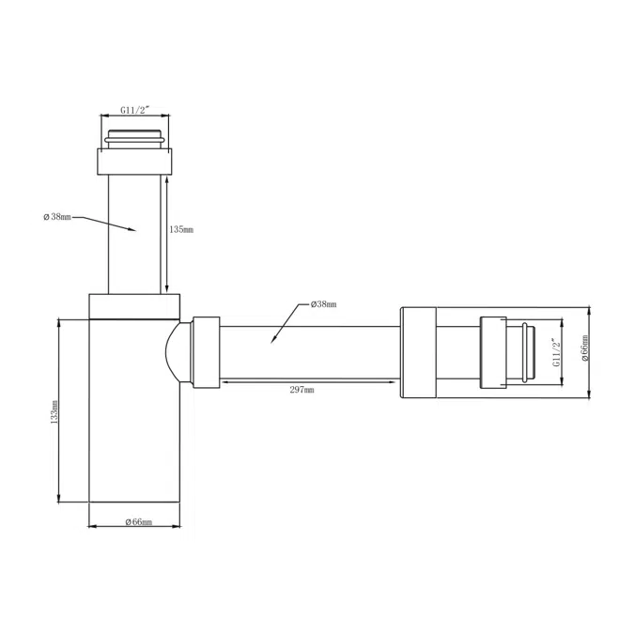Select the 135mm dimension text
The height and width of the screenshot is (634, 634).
pyautogui.click(x=182, y=228)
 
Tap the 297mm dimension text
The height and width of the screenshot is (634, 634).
pyautogui.click(x=302, y=390)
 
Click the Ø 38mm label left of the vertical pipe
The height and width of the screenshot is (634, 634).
pyautogui.click(x=56, y=217)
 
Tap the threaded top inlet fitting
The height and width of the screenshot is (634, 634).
pyautogui.click(x=136, y=136)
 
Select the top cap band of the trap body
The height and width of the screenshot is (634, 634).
pyautogui.click(x=133, y=307)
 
